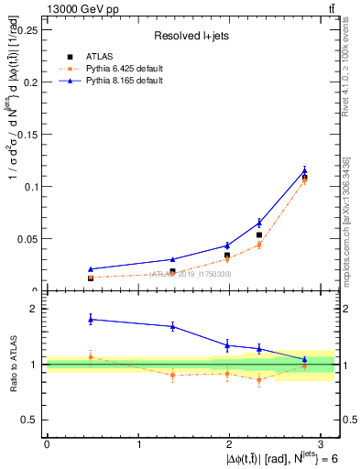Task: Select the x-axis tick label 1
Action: [138, 444]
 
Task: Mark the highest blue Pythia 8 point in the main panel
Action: [304, 170]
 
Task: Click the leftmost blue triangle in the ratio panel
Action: [90, 319]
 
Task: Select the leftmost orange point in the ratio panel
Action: [90, 355]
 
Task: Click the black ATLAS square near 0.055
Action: [259, 235]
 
